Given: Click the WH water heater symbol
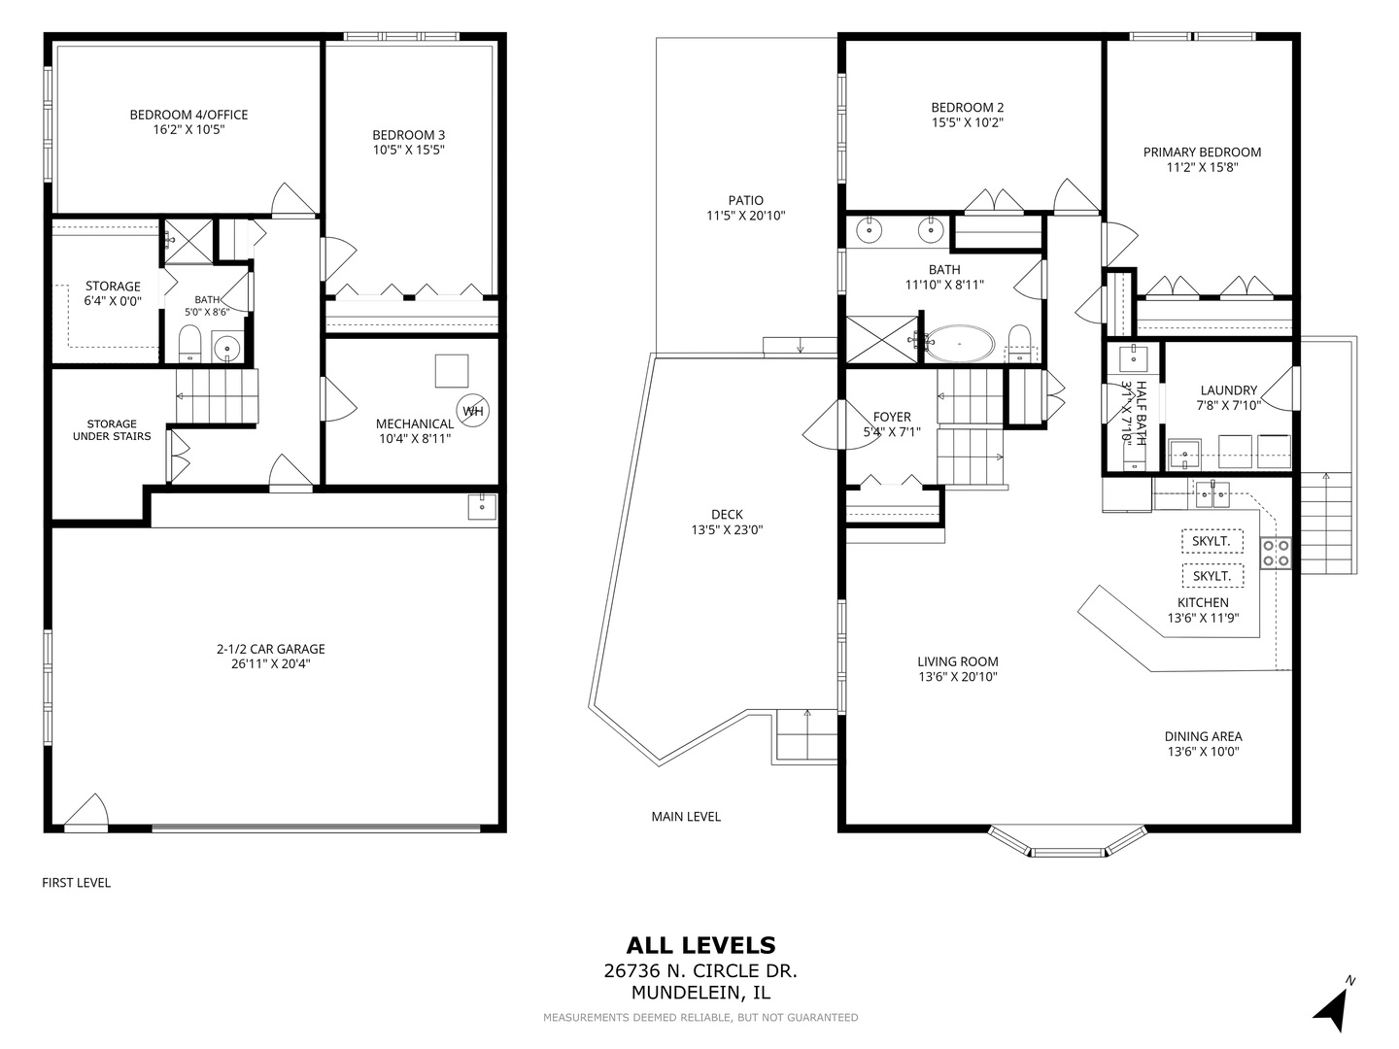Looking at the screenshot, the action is [x=472, y=411].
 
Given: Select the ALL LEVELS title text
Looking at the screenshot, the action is [x=700, y=945].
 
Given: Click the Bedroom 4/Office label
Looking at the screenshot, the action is [x=188, y=115].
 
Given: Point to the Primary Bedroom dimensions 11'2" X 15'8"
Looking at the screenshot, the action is [x=1202, y=167].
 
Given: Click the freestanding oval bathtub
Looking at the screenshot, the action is [x=959, y=345].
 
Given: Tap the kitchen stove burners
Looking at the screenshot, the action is [x=1276, y=553].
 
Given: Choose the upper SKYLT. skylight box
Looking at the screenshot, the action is [x=1212, y=541].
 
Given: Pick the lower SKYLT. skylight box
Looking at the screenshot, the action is [x=1212, y=576].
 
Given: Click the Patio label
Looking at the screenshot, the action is [x=746, y=201].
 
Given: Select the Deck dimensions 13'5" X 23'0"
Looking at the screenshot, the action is [x=728, y=530].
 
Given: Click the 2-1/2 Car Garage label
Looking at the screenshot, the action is [x=271, y=649].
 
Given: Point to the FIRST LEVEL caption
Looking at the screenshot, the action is [x=77, y=883].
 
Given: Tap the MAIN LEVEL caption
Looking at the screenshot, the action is [x=686, y=817].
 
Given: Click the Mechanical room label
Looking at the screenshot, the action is [x=415, y=423].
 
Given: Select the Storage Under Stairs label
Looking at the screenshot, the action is [x=112, y=430].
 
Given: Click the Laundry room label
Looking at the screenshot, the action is [x=1229, y=390].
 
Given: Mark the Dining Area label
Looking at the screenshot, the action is [x=1204, y=736].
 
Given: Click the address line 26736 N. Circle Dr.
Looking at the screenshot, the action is [x=700, y=971].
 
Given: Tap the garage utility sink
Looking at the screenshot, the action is [x=483, y=506].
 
